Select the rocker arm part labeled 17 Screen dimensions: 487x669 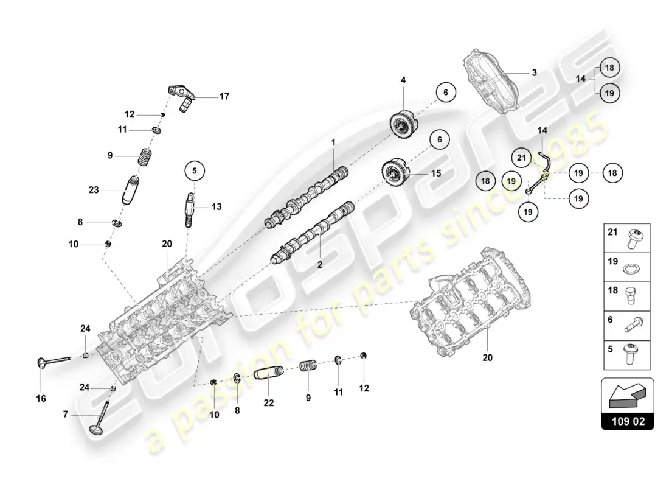[x=182, y=96]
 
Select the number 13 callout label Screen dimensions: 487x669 [x=217, y=207]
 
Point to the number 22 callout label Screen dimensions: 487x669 [x=269, y=402]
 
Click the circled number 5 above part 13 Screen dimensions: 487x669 [x=195, y=171]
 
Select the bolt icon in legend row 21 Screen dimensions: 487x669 [x=634, y=237]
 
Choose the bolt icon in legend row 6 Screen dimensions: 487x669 [x=633, y=326]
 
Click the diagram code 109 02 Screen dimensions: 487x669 [x=628, y=420]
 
